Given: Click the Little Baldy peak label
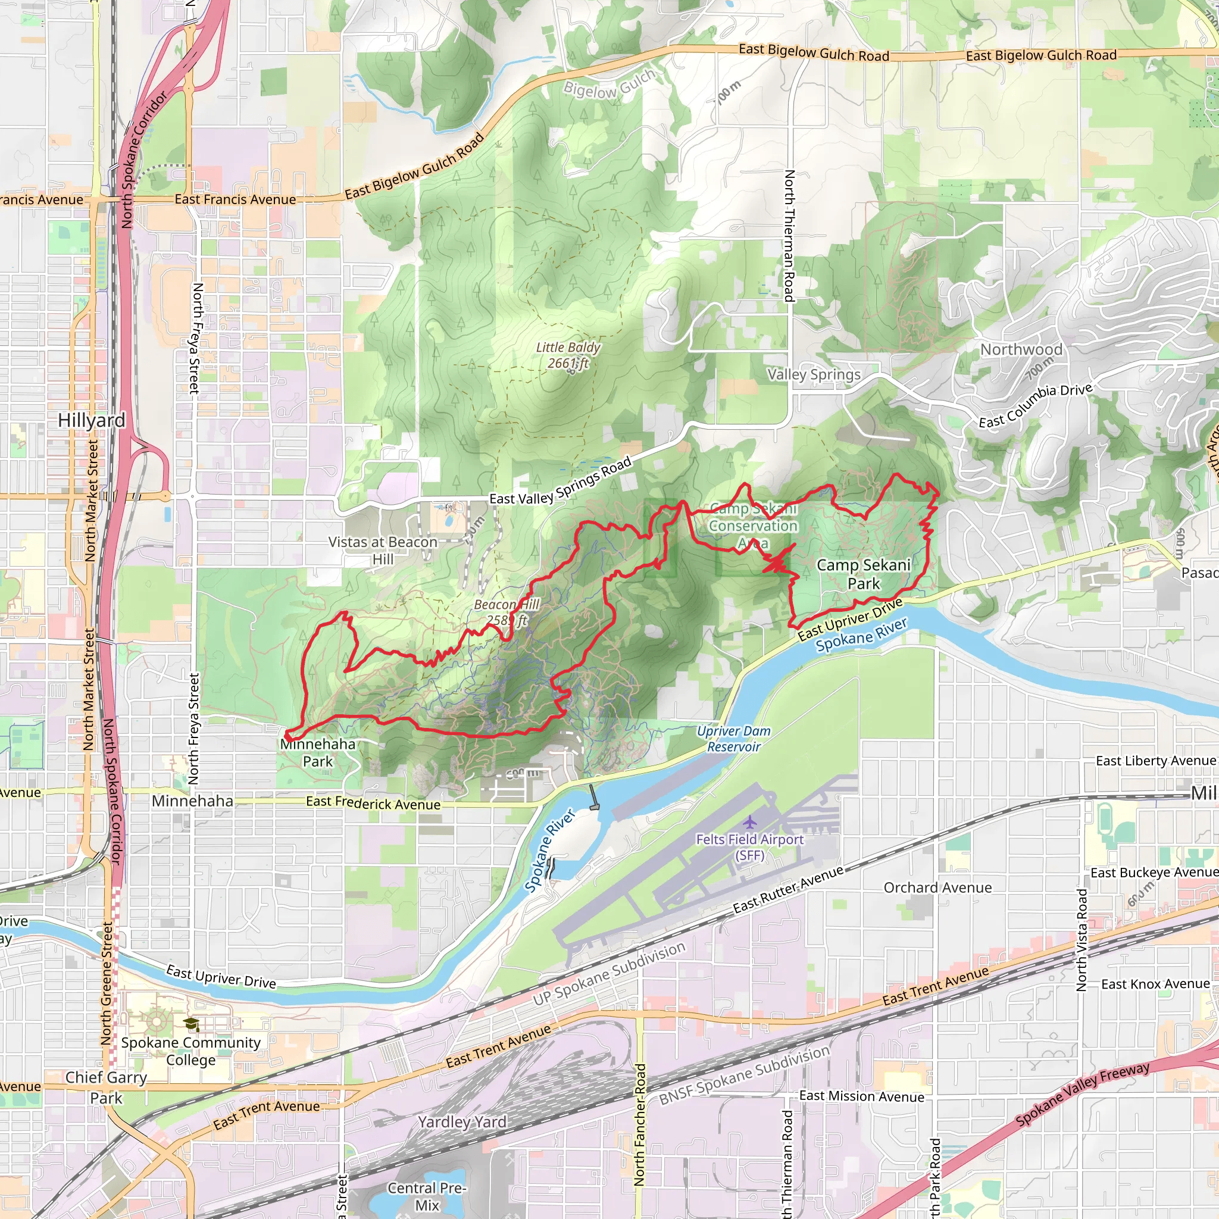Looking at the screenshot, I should pyautogui.click(x=568, y=355).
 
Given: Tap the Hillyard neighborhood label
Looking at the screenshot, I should pyautogui.click(x=92, y=420).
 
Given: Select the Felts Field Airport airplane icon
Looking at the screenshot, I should pyautogui.click(x=749, y=822).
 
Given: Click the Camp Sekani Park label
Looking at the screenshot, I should pyautogui.click(x=863, y=574).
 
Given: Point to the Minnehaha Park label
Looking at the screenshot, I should pyautogui.click(x=318, y=753).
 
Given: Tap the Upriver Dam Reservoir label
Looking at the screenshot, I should pyautogui.click(x=734, y=739).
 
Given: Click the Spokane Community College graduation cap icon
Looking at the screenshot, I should pyautogui.click(x=191, y=1023).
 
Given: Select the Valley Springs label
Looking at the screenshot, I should pyautogui.click(x=814, y=374).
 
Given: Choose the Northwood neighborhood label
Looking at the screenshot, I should pyautogui.click(x=1021, y=349).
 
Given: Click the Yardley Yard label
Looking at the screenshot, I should pyautogui.click(x=462, y=1122).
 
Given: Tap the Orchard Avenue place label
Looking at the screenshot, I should pyautogui.click(x=937, y=887).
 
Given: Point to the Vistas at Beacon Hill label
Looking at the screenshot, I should pyautogui.click(x=382, y=550).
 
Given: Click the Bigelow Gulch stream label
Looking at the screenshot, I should pyautogui.click(x=609, y=84).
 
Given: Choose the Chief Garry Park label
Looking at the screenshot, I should pyautogui.click(x=106, y=1087).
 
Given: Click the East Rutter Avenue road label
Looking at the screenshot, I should pyautogui.click(x=788, y=890).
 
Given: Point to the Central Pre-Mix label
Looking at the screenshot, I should pyautogui.click(x=427, y=1196).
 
